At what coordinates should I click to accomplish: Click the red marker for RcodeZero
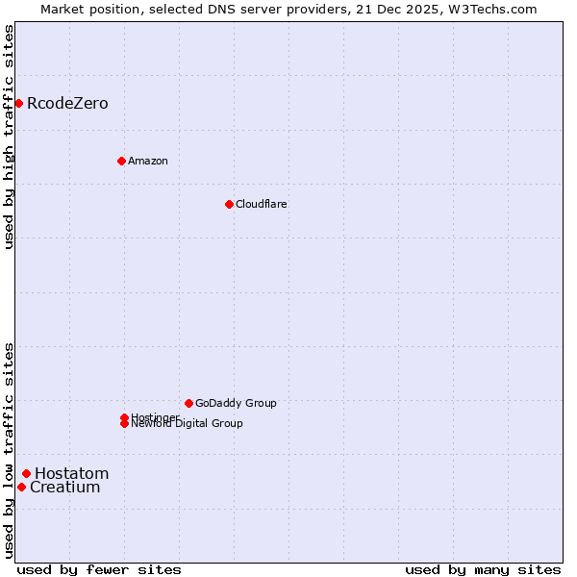tap(18, 103)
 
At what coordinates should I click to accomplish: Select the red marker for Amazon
tap(121, 161)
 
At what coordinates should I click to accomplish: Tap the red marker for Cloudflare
tap(229, 204)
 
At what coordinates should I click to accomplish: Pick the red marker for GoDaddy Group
tap(188, 403)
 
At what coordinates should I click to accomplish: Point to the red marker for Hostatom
tap(26, 473)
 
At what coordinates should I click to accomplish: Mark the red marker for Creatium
tap(21, 487)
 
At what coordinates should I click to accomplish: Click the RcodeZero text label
tap(67, 103)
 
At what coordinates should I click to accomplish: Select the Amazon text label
tap(147, 161)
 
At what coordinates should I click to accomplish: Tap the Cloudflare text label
tap(261, 204)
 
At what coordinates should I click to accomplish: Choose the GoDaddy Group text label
tap(236, 403)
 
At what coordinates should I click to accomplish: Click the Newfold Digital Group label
tap(187, 423)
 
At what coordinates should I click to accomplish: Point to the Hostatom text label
tap(71, 473)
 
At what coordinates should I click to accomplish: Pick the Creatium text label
tap(64, 487)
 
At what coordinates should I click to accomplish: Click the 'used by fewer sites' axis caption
tap(99, 569)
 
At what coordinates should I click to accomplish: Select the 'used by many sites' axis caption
tap(483, 569)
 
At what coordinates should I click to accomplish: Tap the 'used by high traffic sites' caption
tap(9, 137)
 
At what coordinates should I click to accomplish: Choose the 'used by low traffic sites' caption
tap(9, 450)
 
